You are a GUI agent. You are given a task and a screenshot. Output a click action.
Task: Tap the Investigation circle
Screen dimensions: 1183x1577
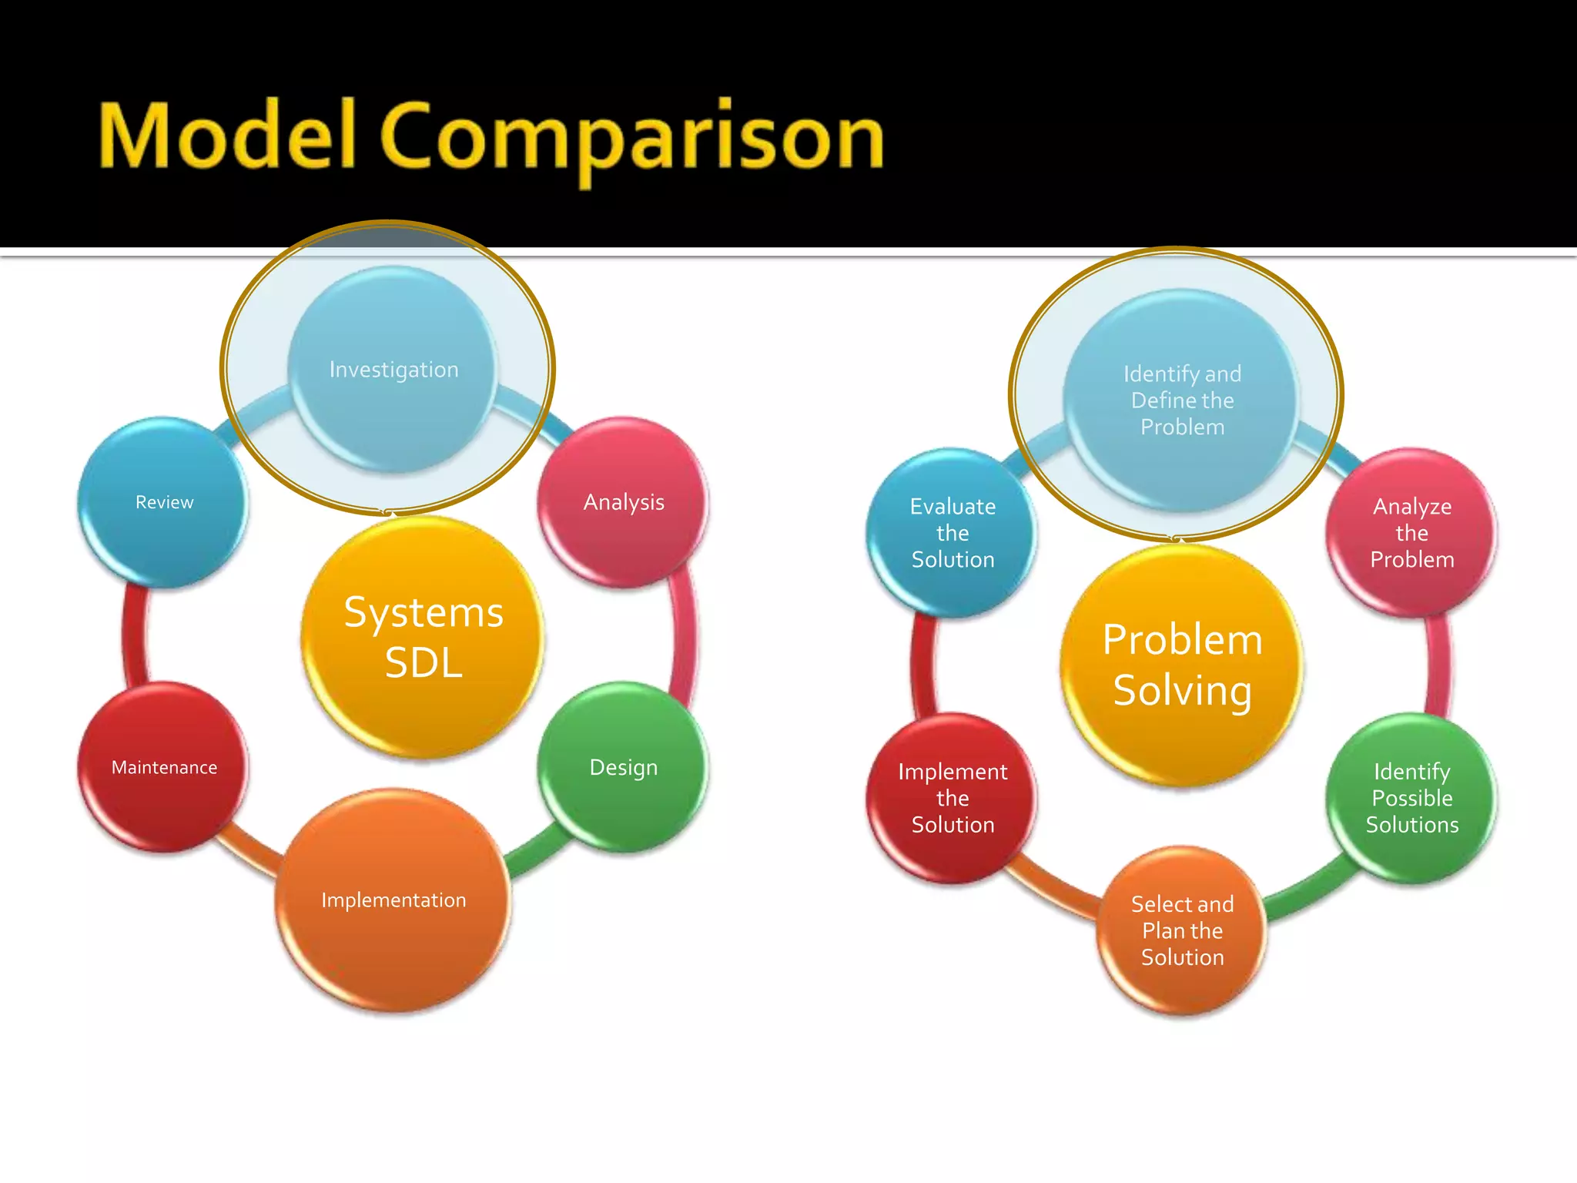point(393,370)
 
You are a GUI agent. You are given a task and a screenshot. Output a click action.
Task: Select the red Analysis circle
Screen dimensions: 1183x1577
point(624,502)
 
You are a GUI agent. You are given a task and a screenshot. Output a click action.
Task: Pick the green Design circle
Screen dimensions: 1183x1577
point(624,767)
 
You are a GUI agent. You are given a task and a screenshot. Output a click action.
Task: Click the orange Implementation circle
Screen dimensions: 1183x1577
point(393,900)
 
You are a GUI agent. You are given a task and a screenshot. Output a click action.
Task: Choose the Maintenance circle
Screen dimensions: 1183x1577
point(164,767)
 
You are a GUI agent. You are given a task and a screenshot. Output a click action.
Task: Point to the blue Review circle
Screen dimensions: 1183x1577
point(164,502)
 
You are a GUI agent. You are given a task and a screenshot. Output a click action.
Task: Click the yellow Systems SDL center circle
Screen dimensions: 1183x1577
point(423,637)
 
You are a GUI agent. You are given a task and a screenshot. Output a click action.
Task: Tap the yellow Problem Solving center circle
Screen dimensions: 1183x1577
point(1182,664)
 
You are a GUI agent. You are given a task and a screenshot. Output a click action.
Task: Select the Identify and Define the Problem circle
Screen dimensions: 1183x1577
point(1182,400)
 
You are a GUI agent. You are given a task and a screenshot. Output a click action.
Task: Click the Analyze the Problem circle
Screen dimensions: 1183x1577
point(1411,533)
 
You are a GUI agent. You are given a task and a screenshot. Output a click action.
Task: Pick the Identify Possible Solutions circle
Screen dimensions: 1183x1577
point(1411,798)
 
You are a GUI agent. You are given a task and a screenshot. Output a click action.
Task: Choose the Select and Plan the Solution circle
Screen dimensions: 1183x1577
point(1182,930)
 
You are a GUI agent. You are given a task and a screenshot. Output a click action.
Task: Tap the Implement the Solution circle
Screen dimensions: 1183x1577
point(953,798)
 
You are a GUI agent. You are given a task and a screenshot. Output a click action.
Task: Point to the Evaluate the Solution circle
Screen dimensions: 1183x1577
point(953,533)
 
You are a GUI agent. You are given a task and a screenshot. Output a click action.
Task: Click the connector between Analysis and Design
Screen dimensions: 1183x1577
point(684,636)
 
